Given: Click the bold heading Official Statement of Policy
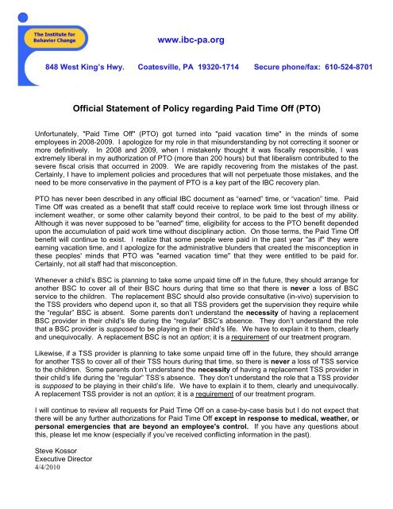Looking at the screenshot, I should [196, 104].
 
